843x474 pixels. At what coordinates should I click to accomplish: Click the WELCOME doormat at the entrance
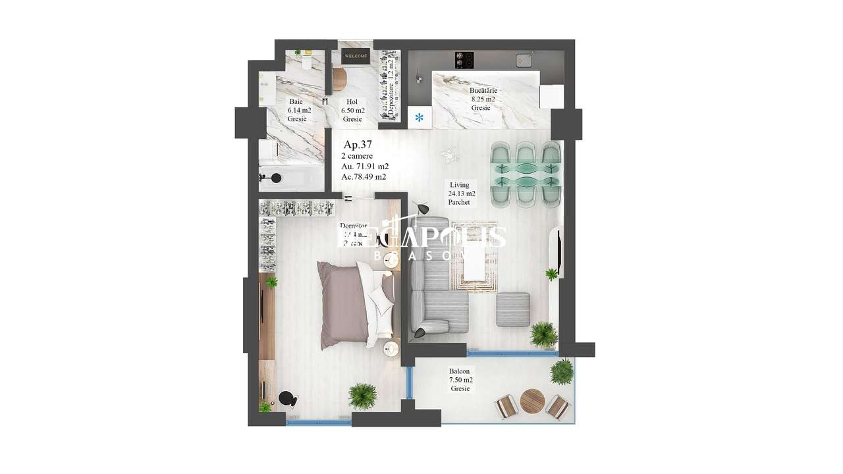tap(356, 57)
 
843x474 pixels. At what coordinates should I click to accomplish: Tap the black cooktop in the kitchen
tap(464, 60)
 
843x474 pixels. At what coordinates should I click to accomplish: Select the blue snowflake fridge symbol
tap(420, 118)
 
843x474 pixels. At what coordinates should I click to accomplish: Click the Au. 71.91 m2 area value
tap(364, 167)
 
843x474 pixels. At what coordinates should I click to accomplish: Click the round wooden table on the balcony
tap(532, 400)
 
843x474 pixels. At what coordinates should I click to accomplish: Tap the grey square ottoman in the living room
tap(513, 309)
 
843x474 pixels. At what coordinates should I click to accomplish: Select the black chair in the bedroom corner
tap(288, 399)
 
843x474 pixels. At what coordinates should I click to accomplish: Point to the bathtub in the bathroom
tap(293, 178)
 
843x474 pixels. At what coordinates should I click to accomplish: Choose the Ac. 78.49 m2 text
tap(364, 177)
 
